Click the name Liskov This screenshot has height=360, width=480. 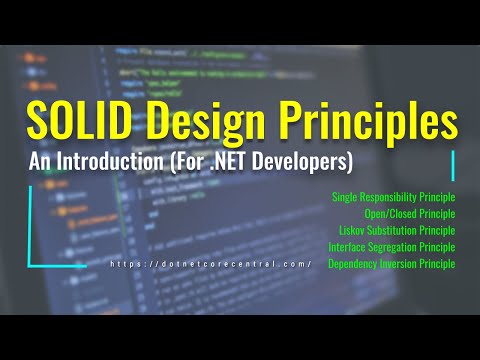coord(353,230)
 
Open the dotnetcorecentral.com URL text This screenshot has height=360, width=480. coord(211,264)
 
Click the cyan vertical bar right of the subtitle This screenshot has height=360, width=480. coord(454,165)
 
